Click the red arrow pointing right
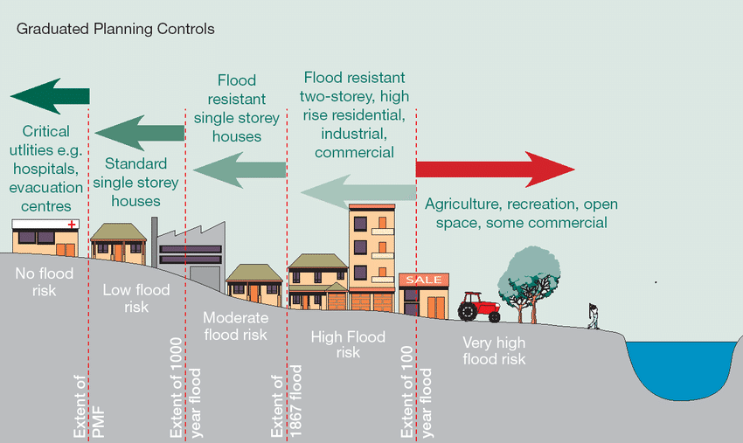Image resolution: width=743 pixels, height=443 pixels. (x=495, y=170)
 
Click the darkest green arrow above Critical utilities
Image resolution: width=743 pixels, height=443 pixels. (x=50, y=96)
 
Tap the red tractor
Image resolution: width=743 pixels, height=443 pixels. (x=479, y=307)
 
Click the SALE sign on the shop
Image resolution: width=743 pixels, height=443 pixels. (x=424, y=280)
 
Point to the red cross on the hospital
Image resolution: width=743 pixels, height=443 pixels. (x=72, y=224)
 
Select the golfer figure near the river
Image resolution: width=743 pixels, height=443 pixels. (x=594, y=316)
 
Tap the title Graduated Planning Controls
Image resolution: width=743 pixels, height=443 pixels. (x=115, y=29)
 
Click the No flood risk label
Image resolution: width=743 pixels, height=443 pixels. (x=44, y=281)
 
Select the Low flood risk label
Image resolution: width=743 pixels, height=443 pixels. (x=136, y=298)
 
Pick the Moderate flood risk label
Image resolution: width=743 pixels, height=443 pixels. (x=235, y=326)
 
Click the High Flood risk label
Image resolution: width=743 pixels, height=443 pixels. (x=348, y=344)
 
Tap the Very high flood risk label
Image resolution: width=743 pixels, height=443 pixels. (x=494, y=350)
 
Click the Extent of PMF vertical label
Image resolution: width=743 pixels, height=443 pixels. (x=88, y=406)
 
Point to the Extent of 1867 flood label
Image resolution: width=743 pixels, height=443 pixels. (x=286, y=401)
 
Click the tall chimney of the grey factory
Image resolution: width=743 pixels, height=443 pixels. (x=154, y=242)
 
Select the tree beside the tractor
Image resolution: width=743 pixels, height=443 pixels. (x=529, y=283)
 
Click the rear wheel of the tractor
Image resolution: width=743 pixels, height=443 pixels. (x=468, y=311)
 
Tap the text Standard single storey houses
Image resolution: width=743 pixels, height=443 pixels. (x=135, y=183)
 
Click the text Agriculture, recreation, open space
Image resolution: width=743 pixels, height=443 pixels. (x=521, y=213)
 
